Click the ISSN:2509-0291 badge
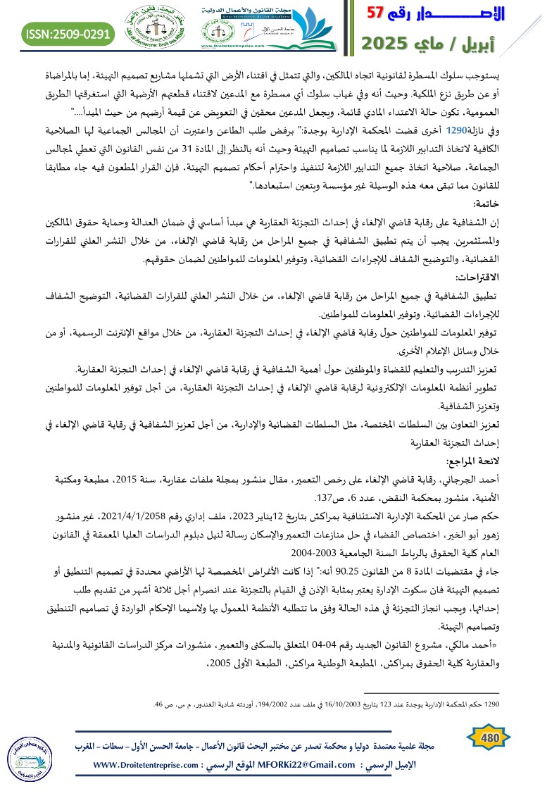(69, 32)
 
